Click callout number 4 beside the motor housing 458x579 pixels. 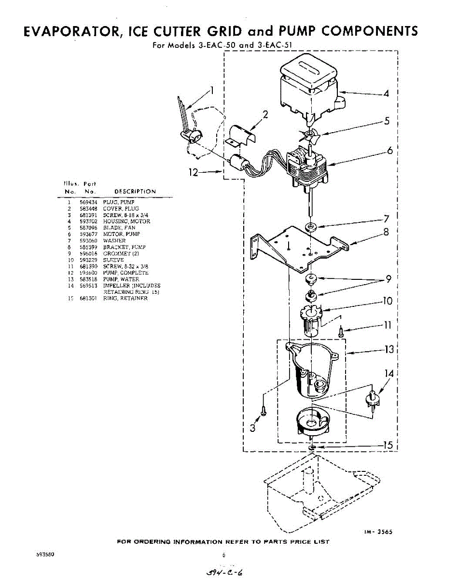point(386,93)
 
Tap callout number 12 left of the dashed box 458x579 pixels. point(194,172)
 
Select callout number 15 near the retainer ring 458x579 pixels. point(388,446)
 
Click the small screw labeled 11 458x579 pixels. point(341,331)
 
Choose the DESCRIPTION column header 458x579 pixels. point(135,192)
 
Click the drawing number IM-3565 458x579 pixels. point(378,532)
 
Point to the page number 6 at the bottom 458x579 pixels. point(224,555)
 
